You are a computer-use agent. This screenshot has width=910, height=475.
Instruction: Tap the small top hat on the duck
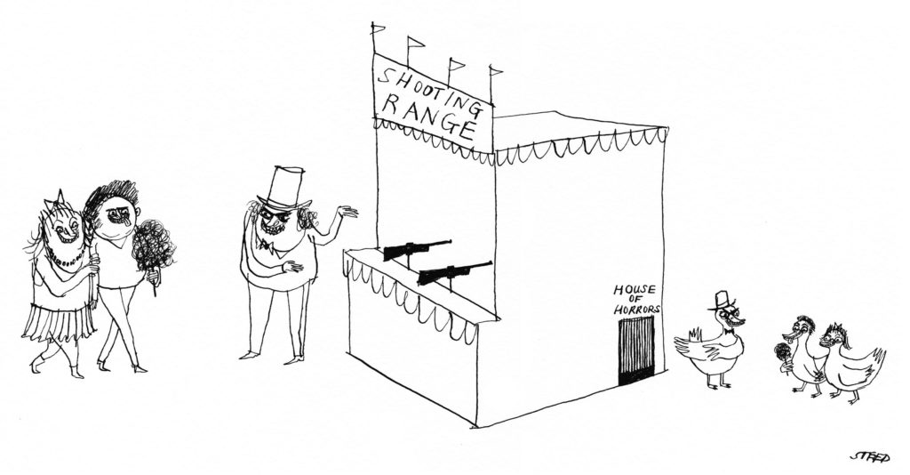(720, 301)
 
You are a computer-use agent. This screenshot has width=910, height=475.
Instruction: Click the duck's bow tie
(726, 333)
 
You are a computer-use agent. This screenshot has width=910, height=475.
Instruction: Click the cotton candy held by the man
(153, 246)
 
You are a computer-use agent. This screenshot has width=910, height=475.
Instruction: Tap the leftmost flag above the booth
(379, 28)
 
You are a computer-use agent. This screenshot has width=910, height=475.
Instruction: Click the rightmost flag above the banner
(495, 70)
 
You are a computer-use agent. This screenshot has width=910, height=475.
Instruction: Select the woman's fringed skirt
(60, 320)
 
